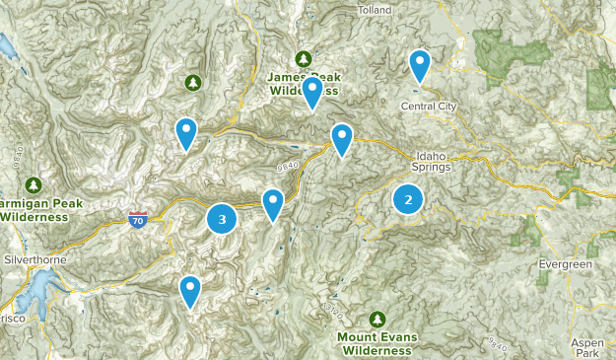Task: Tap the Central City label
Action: [x=427, y=106]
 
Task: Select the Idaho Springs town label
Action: [x=434, y=161]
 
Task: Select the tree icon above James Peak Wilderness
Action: [x=304, y=58]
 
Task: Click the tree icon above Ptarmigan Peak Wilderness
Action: [x=34, y=184]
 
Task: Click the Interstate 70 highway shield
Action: [x=138, y=218]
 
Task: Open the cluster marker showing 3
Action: [x=222, y=219]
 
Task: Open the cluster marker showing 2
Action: [x=408, y=200]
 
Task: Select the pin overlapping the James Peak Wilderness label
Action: [x=312, y=93]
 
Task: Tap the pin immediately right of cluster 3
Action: [x=273, y=204]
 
